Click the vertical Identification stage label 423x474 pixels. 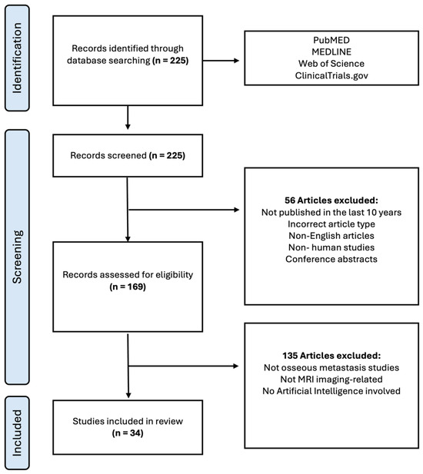[x=17, y=58]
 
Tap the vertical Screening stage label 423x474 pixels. [x=17, y=257]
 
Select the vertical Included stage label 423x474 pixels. [x=17, y=433]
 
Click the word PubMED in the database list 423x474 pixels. [x=331, y=40]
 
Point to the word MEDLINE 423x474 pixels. [x=331, y=51]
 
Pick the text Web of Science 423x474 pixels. [x=331, y=64]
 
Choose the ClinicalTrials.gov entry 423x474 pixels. [x=331, y=75]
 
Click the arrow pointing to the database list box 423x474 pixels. [x=221, y=61]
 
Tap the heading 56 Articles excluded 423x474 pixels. [x=331, y=200]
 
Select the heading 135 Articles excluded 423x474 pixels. [x=331, y=356]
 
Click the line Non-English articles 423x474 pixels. [x=331, y=236]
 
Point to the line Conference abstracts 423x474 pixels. [x=331, y=259]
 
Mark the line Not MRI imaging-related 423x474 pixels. [x=331, y=379]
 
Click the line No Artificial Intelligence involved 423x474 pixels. [x=331, y=391]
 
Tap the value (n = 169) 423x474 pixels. [x=128, y=287]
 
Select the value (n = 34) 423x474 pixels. [x=128, y=433]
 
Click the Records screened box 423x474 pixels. [x=128, y=156]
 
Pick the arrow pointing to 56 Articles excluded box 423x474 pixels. [x=184, y=210]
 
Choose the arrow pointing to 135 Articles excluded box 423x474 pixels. [x=184, y=366]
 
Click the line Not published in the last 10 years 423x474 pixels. [x=331, y=212]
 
